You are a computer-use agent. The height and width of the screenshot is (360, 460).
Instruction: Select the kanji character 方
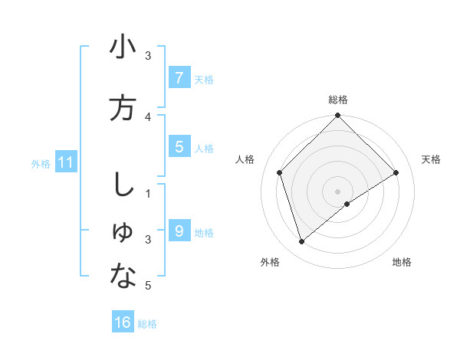pyautogui.click(x=123, y=108)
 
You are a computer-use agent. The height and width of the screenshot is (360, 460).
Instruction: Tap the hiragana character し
pyautogui.click(x=122, y=185)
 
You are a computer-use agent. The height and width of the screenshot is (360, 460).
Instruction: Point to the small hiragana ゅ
pyautogui.click(x=123, y=234)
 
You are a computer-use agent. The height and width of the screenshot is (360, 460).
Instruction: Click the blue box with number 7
pyautogui.click(x=179, y=77)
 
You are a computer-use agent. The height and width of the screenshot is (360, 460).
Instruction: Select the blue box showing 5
pyautogui.click(x=179, y=146)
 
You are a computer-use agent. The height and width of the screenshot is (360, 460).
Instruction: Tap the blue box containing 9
pyautogui.click(x=179, y=231)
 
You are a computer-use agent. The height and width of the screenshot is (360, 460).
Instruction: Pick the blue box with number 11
pyautogui.click(x=65, y=162)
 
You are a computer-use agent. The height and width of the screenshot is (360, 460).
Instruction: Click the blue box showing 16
pyautogui.click(x=123, y=322)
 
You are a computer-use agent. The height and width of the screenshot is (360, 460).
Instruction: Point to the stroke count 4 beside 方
pyautogui.click(x=148, y=116)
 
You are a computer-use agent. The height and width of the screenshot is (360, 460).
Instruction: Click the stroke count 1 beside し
pyautogui.click(x=148, y=193)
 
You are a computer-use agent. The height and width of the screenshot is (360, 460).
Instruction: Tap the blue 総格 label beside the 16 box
pyautogui.click(x=147, y=324)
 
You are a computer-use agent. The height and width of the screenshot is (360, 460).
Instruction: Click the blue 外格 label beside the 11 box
pyautogui.click(x=40, y=163)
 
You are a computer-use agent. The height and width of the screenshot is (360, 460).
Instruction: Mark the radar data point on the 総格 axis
pyautogui.click(x=337, y=116)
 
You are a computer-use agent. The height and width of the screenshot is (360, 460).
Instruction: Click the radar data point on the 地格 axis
pyautogui.click(x=347, y=204)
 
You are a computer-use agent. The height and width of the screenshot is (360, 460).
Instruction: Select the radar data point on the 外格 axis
pyautogui.click(x=302, y=242)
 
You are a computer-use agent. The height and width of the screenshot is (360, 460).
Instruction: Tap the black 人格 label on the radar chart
pyautogui.click(x=245, y=159)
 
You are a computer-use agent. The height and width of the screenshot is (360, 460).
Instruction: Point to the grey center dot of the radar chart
pyautogui.click(x=337, y=191)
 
